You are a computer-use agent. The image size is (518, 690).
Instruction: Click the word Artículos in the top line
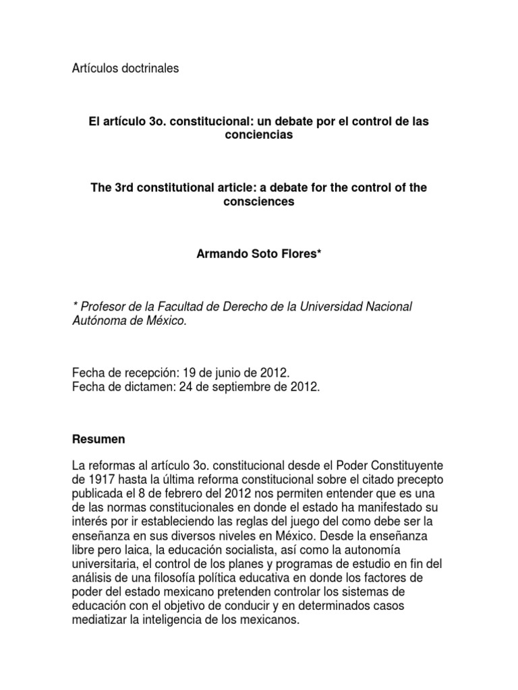coord(95,69)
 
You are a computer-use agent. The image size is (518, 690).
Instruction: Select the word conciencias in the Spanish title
coord(259,135)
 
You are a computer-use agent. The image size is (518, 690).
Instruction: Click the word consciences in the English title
coord(259,201)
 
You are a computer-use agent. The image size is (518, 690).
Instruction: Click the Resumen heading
coord(98,439)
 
